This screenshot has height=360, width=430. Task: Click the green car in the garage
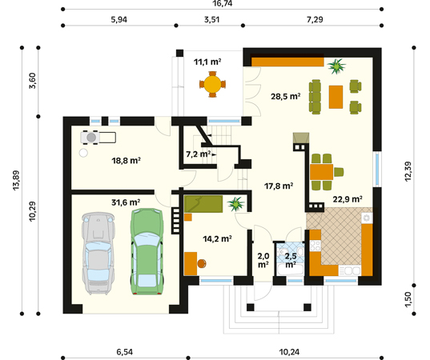coord(147,251)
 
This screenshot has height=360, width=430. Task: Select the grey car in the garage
coord(98,254)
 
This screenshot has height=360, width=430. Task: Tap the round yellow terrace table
coord(212,84)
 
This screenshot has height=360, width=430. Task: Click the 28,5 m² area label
coord(286,97)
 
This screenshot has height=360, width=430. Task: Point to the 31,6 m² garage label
coord(126,202)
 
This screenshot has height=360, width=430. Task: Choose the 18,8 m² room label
coord(127,161)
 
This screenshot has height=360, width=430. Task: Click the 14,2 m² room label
coord(217,239)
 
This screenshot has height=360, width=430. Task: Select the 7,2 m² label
coord(199,154)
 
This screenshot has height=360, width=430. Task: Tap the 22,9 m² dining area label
coord(348,199)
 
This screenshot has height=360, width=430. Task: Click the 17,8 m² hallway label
coord(279,186)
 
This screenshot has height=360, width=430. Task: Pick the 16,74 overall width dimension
coord(223,3)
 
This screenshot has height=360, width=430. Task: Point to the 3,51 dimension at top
coord(211,20)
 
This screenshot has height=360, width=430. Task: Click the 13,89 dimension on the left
coord(16,180)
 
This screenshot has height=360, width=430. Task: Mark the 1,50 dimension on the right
coord(408,299)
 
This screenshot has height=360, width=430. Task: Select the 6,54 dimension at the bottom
coord(125,352)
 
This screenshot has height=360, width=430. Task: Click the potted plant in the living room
coord(336,66)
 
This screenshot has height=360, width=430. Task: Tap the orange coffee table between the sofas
coord(336,97)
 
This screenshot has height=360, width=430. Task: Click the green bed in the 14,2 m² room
coord(203,204)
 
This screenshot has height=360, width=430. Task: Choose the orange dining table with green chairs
coord(321,172)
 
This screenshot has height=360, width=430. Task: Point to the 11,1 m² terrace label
coord(207,62)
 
